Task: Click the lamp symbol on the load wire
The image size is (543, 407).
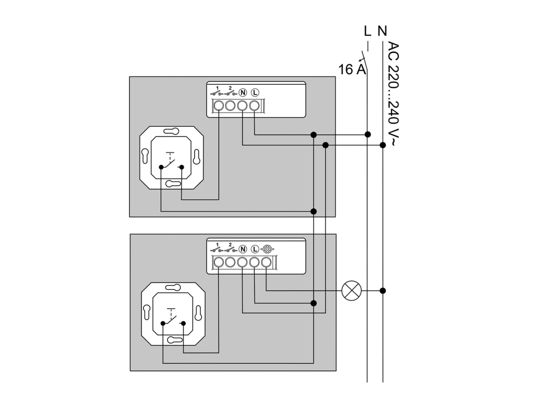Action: (351, 290)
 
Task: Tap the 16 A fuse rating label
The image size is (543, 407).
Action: (352, 70)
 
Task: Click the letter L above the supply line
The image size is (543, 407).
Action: (367, 31)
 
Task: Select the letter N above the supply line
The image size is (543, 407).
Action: (382, 31)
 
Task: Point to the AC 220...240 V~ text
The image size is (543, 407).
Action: (393, 93)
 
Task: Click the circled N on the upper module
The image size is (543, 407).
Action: (243, 93)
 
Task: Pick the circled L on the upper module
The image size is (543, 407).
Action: (255, 93)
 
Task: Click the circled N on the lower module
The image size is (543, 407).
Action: (243, 249)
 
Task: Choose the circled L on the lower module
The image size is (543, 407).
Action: (255, 249)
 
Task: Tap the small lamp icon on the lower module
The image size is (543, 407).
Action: (267, 249)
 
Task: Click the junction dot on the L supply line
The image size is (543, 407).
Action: (368, 134)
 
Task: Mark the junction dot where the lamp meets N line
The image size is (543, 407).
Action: (383, 290)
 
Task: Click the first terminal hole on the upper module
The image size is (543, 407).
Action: (218, 106)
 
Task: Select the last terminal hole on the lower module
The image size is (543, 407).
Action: (266, 262)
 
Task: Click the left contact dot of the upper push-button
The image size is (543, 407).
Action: (161, 167)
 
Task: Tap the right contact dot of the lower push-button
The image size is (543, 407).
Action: (183, 323)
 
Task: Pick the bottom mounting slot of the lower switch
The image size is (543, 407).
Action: (175, 340)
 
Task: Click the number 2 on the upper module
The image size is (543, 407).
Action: (230, 88)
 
